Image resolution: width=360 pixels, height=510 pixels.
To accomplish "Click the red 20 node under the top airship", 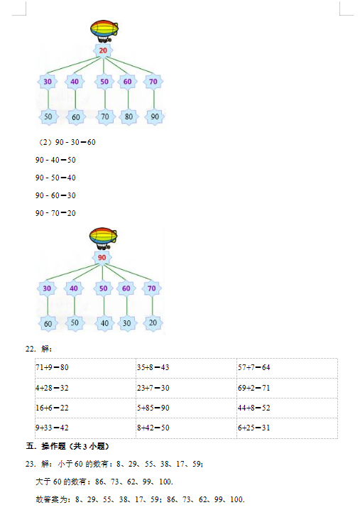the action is [103, 50].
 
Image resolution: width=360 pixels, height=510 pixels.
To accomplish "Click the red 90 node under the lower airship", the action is [102, 258].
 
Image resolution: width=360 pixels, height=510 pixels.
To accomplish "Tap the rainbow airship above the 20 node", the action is [104, 31].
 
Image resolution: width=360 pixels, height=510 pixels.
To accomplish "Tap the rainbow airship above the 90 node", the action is [103, 238].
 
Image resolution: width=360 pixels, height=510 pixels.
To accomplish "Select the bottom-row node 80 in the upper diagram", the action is [129, 116].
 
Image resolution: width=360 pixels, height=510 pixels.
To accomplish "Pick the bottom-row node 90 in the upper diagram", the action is [155, 116].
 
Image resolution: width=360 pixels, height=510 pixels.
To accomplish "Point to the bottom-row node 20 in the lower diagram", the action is [153, 322].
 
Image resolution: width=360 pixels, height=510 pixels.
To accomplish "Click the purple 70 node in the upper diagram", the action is [153, 82].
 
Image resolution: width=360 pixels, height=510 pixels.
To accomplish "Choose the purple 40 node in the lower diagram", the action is [74, 288].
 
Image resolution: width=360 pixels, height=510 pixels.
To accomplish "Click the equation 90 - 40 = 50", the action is [55, 160].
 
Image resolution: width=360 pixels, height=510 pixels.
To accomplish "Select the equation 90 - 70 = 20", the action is [55, 213].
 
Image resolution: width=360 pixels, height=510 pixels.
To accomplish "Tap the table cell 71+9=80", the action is [85, 368].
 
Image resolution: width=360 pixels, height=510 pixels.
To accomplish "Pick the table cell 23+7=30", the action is [186, 388].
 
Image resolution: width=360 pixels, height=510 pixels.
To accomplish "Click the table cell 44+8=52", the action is [287, 408].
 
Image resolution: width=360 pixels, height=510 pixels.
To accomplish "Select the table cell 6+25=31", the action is [287, 428].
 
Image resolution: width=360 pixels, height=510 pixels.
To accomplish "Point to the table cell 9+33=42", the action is [85, 428].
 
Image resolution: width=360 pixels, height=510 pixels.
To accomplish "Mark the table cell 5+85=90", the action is [186, 408].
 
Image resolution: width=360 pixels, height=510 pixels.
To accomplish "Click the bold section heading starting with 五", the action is [67, 446].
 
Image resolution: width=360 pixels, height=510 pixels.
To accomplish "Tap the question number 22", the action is [31, 349].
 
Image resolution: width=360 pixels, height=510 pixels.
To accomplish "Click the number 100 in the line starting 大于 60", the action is [166, 482].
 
